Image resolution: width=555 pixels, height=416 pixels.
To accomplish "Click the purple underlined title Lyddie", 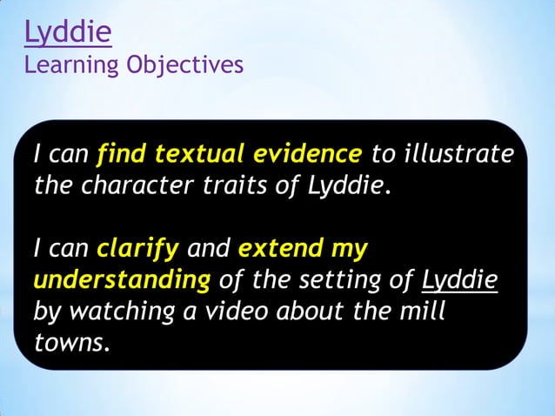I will coord(68,33).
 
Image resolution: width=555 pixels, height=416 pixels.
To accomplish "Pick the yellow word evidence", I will coord(307,155).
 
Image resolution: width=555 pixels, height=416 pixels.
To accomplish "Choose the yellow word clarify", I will coord(137,249).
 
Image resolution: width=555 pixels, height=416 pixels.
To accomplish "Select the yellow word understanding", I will coord(122,280).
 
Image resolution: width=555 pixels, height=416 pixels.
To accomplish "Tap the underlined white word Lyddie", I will coord(459,280).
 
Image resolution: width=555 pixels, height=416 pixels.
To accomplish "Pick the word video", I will coord(233,311).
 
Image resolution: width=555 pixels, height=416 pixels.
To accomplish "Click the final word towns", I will coord(71,342).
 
